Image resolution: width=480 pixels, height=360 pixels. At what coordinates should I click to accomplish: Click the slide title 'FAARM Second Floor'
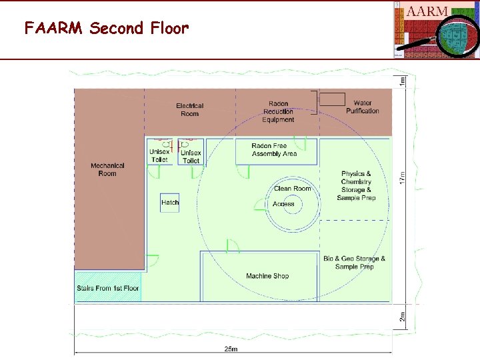pos(107,29)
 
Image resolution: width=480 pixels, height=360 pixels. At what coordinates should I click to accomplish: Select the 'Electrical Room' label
pos(190,109)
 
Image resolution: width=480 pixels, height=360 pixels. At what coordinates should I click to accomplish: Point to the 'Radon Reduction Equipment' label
pos(278,111)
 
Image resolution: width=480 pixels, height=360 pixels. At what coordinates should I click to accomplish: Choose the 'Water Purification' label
pos(363,107)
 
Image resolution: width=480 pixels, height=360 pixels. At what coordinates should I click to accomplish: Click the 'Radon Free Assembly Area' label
pos(274,150)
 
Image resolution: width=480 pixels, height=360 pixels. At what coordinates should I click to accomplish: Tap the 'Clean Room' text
pos(293,189)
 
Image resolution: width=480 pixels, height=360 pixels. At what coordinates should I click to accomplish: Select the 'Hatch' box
pos(170,203)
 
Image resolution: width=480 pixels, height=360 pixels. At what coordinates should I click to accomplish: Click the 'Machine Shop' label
pos(267,276)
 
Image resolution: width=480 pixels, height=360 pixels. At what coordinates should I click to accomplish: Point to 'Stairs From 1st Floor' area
pos(108,288)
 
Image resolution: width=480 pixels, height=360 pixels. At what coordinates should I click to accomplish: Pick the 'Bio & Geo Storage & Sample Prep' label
pos(355,263)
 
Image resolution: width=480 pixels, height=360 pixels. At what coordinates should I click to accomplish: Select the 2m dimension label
pos(402,317)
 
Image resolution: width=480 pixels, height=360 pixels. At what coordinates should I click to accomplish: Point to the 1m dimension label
pos(402,81)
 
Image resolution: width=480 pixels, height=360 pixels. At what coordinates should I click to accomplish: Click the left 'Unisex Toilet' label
pos(159,156)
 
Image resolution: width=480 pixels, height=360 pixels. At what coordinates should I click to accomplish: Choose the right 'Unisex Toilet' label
pos(191,157)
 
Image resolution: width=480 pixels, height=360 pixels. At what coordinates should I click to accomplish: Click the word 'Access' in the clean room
pos(283,204)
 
